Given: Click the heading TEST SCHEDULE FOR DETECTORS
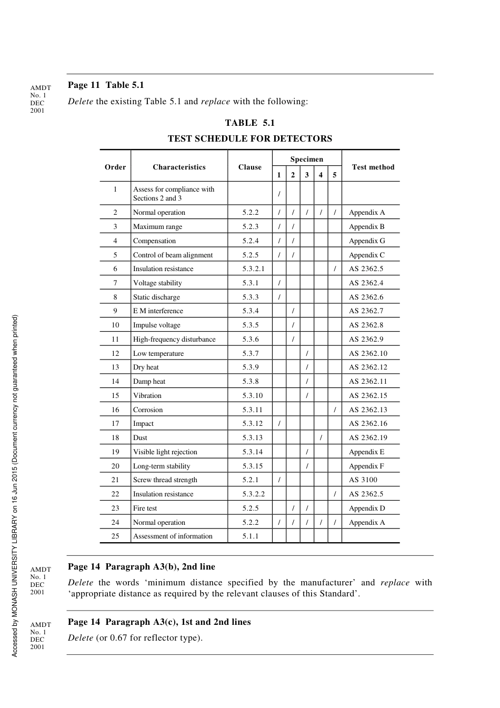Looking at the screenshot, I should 249,139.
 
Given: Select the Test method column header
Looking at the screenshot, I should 373,167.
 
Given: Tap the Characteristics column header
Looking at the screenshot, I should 179,167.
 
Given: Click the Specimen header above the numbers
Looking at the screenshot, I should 306,159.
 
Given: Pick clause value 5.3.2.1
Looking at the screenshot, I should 253,269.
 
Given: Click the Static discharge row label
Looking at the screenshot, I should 156,297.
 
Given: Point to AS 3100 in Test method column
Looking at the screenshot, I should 363,480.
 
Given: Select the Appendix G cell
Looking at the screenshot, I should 366,241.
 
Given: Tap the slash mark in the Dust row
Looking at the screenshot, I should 321,438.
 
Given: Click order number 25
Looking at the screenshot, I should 115,536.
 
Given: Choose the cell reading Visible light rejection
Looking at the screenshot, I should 165,452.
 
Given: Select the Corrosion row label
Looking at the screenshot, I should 148,410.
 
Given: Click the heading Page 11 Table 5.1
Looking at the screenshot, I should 106,85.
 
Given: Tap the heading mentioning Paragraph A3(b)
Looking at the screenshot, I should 142,567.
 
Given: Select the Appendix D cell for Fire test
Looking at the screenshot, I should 366,508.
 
